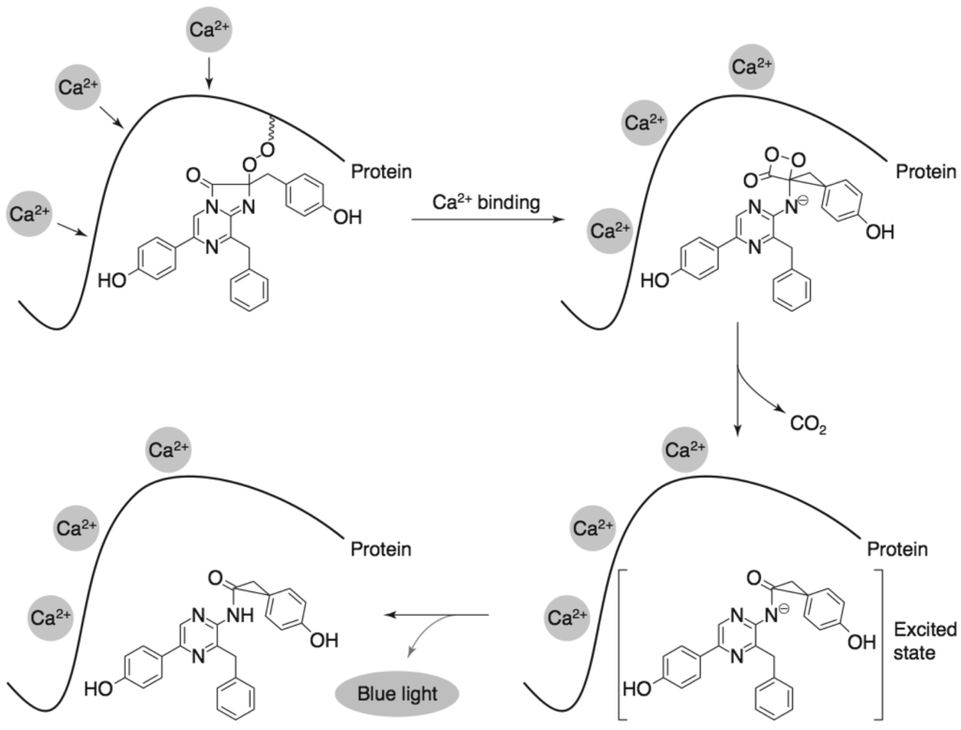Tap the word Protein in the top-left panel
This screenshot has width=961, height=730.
(x=381, y=172)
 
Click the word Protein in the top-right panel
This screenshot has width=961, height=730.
(x=925, y=172)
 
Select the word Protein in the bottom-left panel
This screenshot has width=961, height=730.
(x=381, y=549)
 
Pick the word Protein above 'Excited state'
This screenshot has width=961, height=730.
(x=898, y=549)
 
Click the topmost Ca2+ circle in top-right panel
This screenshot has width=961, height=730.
(x=753, y=67)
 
